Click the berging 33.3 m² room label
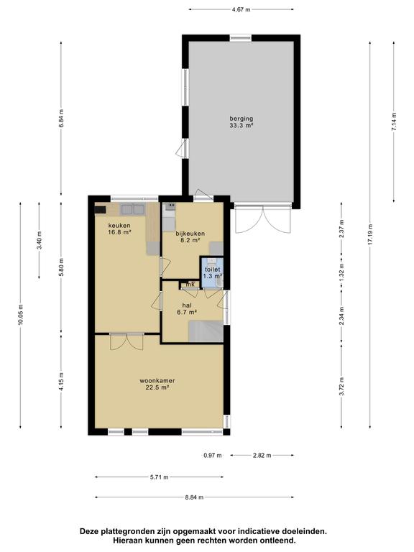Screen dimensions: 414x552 [241, 121]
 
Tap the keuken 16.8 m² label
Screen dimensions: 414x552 [119, 229]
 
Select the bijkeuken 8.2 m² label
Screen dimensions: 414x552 [190, 236]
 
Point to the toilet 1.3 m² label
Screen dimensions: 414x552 [213, 273]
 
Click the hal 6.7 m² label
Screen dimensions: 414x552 [187, 308]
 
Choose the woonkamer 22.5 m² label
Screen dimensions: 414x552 [157, 384]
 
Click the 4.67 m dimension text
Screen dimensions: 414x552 [241, 10]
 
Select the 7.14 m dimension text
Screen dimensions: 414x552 [394, 121]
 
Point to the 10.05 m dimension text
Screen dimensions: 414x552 [20, 315]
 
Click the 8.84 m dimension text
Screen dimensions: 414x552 [194, 497]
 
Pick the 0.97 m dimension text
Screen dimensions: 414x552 [213, 455]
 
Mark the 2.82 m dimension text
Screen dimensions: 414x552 [262, 455]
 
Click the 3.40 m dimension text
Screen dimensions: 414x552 [39, 240]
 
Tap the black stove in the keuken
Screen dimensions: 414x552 [101, 210]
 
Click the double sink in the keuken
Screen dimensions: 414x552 [133, 209]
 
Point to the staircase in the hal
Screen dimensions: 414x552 [206, 331]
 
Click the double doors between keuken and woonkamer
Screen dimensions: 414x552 [126, 341]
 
